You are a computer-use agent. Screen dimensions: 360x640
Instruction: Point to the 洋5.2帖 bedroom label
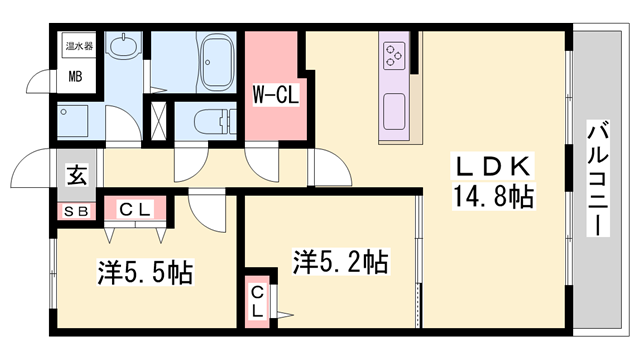tap(340, 262)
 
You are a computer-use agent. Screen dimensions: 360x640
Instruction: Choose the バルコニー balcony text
tap(599, 178)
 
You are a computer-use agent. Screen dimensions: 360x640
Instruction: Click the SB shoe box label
tap(75, 211)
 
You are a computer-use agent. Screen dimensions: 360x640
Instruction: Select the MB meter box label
tap(76, 76)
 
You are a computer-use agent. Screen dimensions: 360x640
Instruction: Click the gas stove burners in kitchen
tap(393, 53)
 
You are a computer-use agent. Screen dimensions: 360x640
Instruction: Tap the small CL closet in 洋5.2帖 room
tap(258, 300)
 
